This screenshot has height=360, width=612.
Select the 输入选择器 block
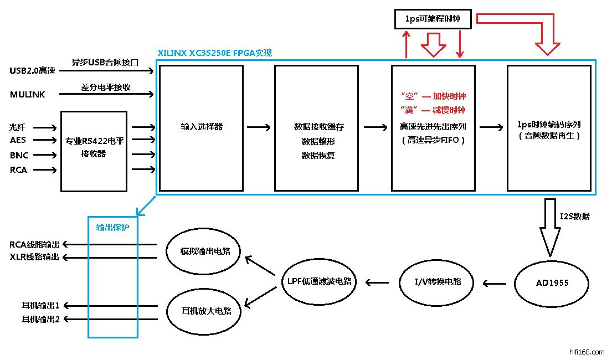[202, 127]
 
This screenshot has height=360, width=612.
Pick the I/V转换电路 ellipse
[437, 282]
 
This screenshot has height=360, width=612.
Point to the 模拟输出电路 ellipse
[205, 251]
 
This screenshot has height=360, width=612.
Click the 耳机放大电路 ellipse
[205, 311]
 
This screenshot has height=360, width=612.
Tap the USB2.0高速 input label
[33, 71]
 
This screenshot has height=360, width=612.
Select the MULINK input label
[27, 95]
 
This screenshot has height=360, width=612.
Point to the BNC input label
[19, 156]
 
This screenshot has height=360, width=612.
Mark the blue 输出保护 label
[112, 227]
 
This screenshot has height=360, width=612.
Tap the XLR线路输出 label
[34, 257]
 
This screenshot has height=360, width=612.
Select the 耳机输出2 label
[40, 318]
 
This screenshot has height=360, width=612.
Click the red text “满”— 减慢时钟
[433, 110]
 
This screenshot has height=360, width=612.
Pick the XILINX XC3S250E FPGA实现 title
[214, 53]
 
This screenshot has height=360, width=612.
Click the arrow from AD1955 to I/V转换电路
[495, 284]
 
